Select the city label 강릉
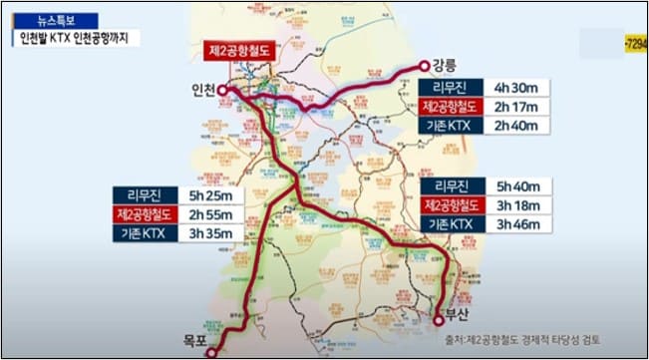[447, 64]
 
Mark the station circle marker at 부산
[438, 318]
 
